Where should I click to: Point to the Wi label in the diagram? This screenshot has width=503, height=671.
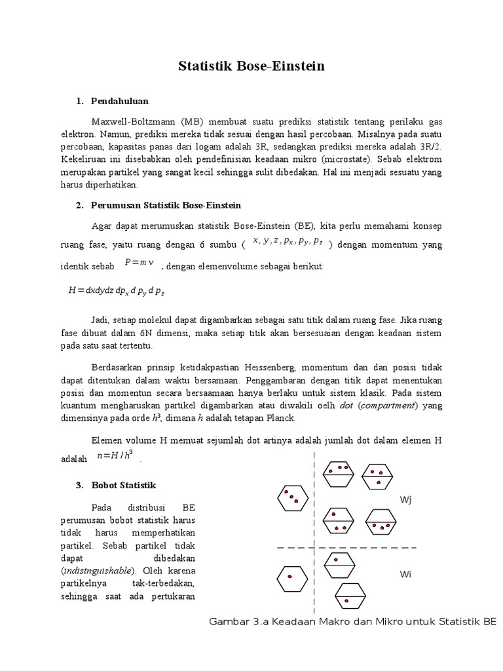[x=405, y=574]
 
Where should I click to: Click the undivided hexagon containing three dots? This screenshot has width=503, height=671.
[x=292, y=497]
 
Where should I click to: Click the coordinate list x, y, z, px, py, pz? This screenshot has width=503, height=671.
[x=287, y=242]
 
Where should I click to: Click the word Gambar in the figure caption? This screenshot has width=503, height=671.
[x=227, y=621]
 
